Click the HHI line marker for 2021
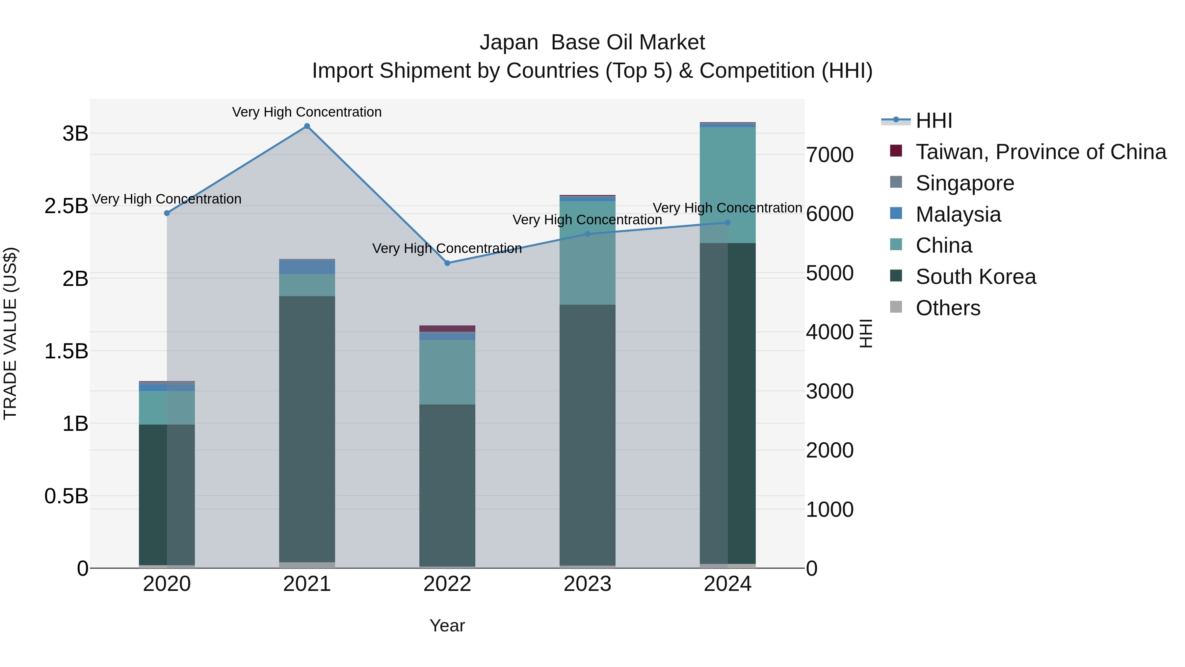[307, 126]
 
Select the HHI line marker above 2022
[447, 263]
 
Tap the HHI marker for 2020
[167, 213]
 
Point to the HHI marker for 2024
[727, 222]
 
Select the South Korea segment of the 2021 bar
[307, 428]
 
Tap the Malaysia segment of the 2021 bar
[307, 267]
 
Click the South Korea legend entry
[975, 277]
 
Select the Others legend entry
[948, 308]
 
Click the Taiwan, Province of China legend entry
[1040, 152]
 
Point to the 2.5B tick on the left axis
[66, 206]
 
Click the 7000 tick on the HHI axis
[829, 155]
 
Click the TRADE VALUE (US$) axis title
[10, 333]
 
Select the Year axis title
[447, 625]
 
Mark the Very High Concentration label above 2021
[307, 112]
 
